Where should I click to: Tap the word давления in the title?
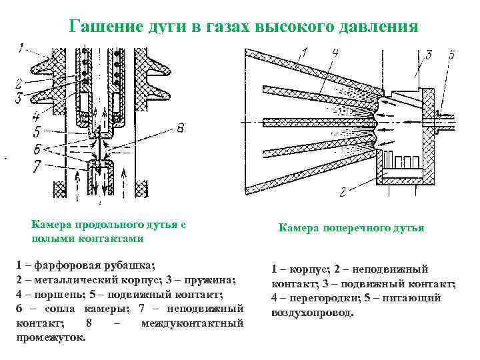375,27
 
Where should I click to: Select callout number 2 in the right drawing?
343,193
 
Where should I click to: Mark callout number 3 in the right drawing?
428,54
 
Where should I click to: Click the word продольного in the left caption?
113,225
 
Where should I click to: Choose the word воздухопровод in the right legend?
313,312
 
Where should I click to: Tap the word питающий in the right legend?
414,299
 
